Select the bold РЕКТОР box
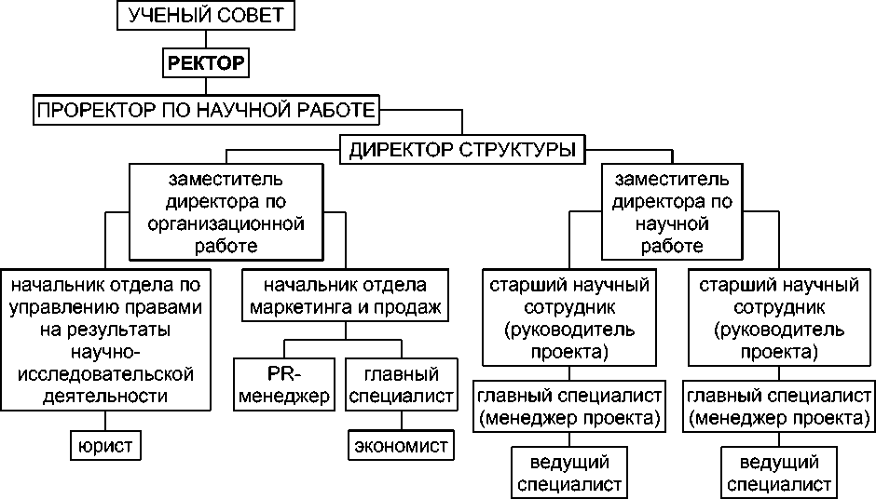pos(205,63)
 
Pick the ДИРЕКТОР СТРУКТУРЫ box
pos(462,149)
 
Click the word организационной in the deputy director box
pos(226,223)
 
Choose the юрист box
pos(104,447)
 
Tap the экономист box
pos(402,446)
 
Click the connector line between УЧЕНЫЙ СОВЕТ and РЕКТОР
pos(205,40)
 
